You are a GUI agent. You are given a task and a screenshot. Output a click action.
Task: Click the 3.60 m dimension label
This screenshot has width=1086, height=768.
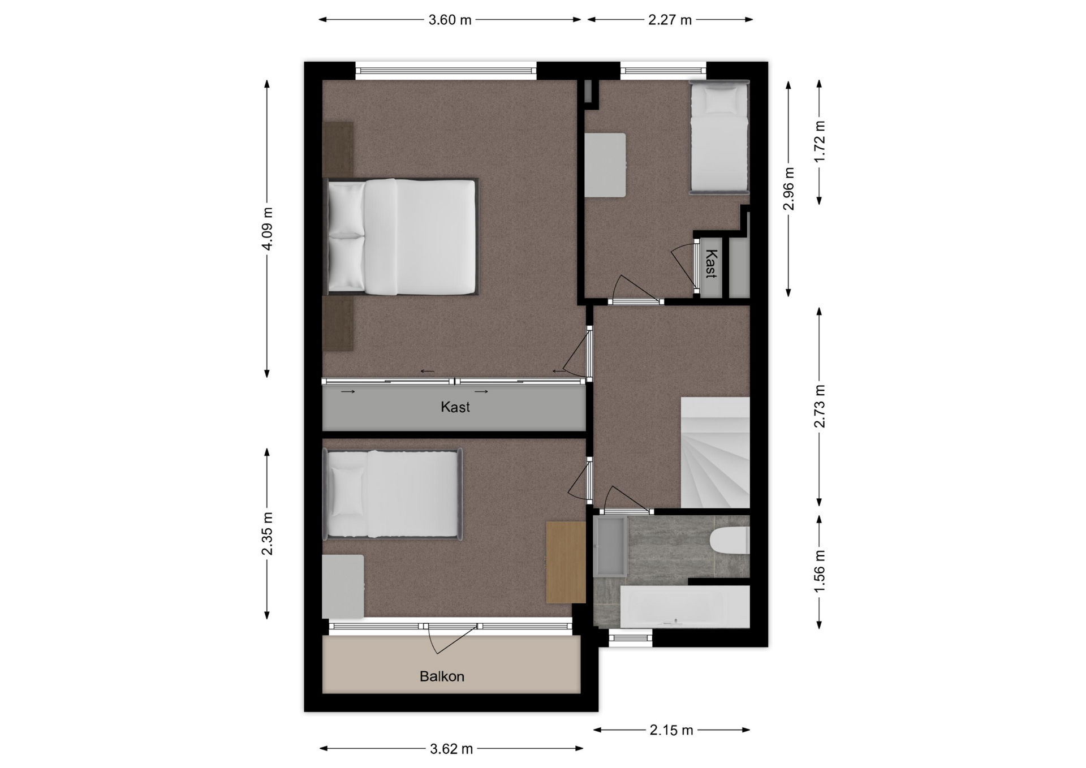[x=450, y=20]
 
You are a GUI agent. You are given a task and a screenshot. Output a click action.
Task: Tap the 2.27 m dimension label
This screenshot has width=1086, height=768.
[x=670, y=20]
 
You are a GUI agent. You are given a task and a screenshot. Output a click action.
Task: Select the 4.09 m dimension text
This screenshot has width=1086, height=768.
[x=268, y=228]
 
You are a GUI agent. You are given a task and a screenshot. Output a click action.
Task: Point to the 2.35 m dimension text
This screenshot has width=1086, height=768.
[x=268, y=534]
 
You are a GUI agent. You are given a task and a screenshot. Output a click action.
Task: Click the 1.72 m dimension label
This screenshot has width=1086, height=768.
[x=820, y=141]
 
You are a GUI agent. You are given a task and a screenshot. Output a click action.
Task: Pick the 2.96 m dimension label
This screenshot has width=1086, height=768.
[x=789, y=189]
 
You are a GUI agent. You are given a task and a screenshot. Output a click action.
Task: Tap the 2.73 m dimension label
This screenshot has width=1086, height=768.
[x=820, y=406]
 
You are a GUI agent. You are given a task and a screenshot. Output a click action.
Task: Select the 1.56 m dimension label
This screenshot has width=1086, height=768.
[x=820, y=572]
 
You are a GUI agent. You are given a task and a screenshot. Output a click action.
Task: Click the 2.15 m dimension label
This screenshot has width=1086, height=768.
[x=671, y=730]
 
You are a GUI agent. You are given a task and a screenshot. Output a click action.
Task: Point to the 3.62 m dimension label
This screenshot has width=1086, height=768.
[x=451, y=749]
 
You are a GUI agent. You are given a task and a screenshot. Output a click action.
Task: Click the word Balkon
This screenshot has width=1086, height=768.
[x=442, y=676]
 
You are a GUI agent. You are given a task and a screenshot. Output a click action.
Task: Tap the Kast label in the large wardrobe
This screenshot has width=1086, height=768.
[x=455, y=407]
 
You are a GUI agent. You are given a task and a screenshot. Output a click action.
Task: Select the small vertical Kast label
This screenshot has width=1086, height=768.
[x=711, y=264]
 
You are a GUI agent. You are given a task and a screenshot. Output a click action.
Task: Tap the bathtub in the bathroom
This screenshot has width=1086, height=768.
[x=685, y=607]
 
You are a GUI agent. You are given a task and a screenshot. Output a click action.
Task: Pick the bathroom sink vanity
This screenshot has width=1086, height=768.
[x=611, y=546]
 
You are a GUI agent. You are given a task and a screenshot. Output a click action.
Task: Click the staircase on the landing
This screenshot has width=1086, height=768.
[x=716, y=452]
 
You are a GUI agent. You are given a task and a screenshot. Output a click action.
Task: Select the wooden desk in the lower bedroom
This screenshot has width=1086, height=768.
[x=566, y=562]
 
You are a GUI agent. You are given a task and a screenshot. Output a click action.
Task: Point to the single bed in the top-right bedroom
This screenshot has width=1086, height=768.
[x=719, y=137]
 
